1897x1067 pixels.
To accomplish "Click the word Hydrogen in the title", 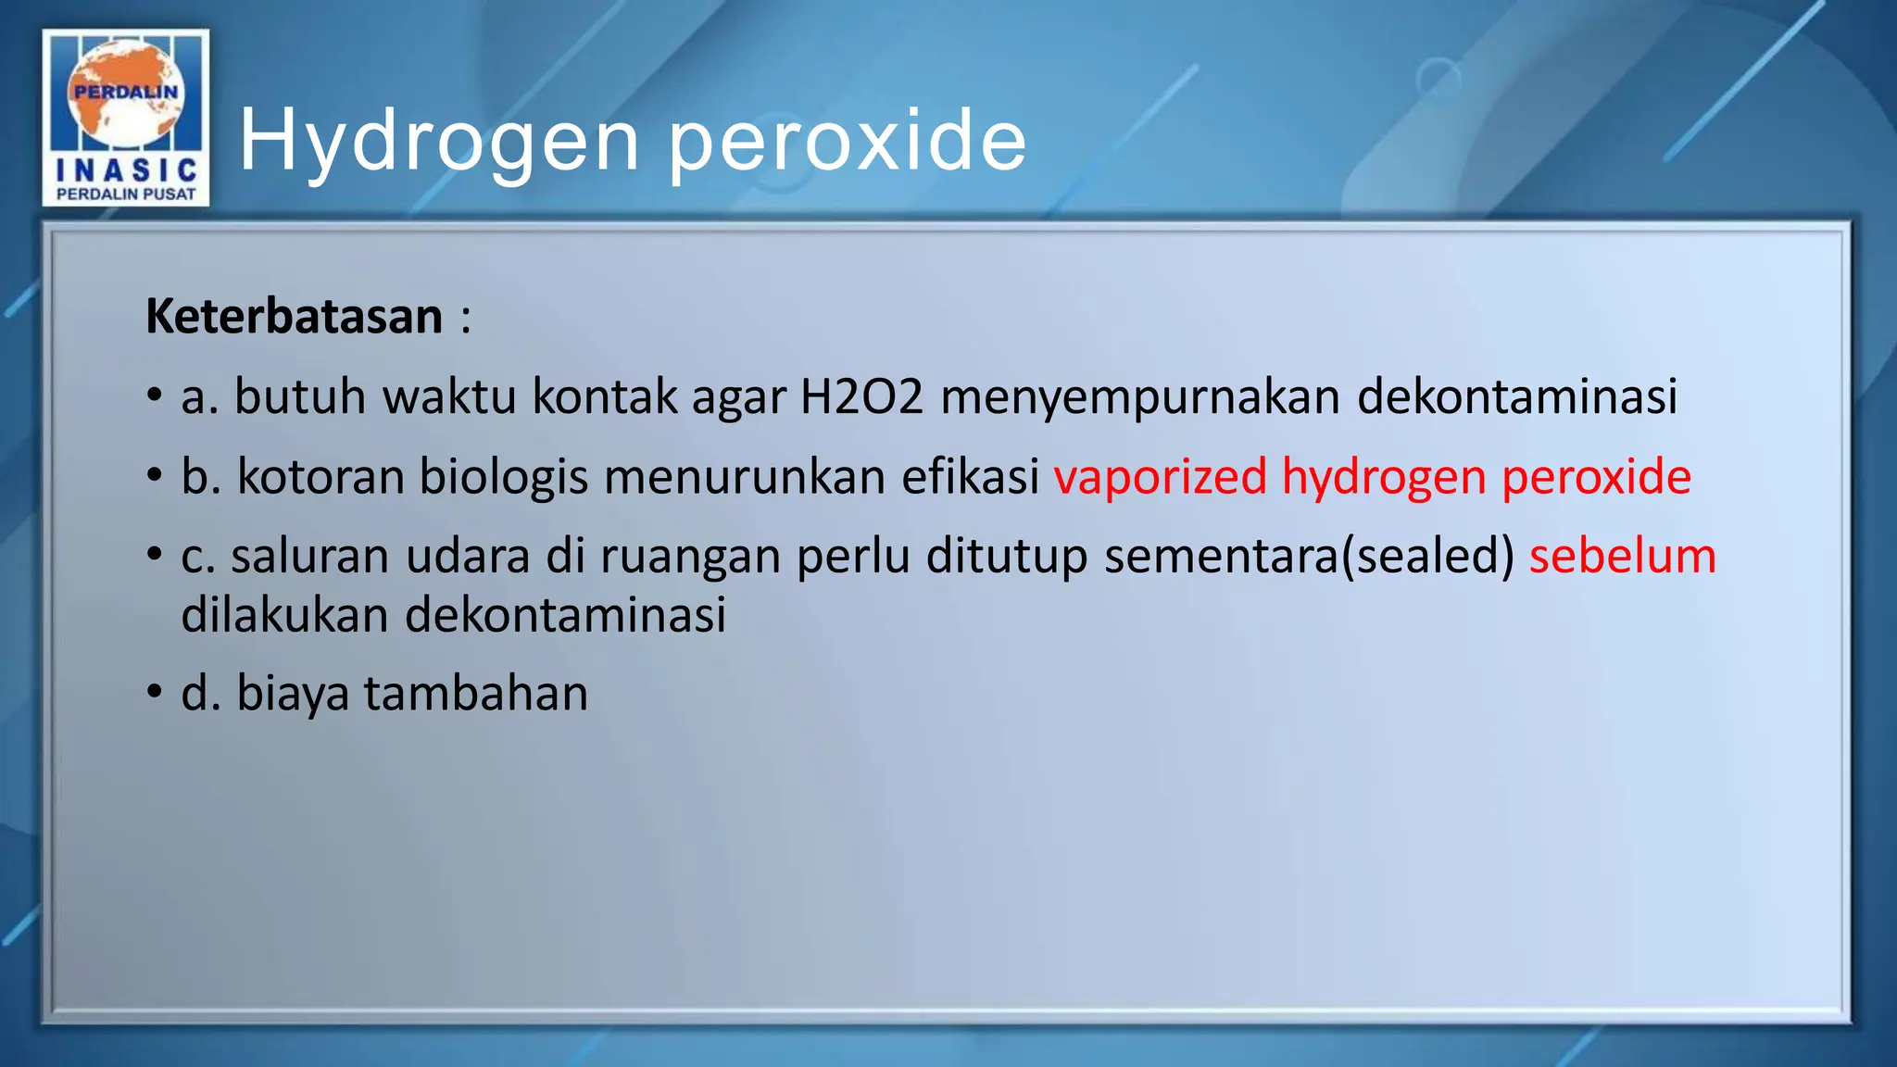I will click(x=439, y=141).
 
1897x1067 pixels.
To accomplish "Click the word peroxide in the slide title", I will click(x=847, y=141).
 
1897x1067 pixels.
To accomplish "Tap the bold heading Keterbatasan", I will click(x=295, y=317).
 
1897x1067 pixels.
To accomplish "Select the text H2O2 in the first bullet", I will click(x=861, y=396).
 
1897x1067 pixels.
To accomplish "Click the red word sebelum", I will click(x=1622, y=557).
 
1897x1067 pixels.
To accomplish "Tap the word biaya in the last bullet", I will click(x=293, y=694).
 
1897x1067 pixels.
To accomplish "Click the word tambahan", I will click(x=475, y=693).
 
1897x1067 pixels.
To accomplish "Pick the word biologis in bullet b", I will click(x=504, y=478).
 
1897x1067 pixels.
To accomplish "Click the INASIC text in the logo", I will click(x=126, y=170).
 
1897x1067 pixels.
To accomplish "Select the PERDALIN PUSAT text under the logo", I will click(x=126, y=194).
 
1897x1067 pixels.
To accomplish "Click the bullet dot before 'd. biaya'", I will click(x=155, y=693).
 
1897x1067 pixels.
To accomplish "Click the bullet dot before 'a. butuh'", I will click(x=155, y=396).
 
